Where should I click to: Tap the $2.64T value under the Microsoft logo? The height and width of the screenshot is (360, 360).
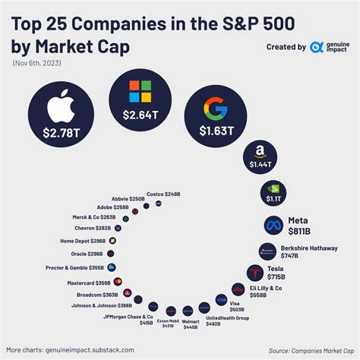(x=140, y=115)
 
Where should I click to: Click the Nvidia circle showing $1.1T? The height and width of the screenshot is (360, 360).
(x=273, y=194)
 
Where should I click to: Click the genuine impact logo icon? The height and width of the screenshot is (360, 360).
(x=317, y=47)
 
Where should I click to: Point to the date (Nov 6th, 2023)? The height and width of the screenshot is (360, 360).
(x=39, y=62)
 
